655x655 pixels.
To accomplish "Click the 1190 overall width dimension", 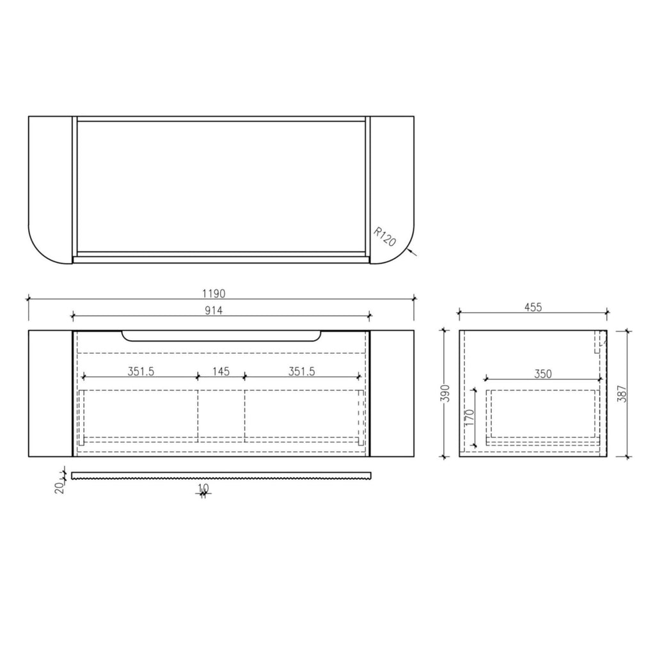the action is pyautogui.click(x=214, y=293).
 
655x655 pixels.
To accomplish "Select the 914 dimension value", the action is pyautogui.click(x=214, y=310).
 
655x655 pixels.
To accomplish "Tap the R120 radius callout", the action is pyautogui.click(x=384, y=237).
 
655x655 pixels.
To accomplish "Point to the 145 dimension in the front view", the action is pyautogui.click(x=221, y=371).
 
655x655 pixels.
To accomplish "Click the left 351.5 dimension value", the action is pyautogui.click(x=141, y=371).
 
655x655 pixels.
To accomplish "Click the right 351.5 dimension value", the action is pyautogui.click(x=302, y=371).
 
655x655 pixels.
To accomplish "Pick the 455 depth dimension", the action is pyautogui.click(x=533, y=307).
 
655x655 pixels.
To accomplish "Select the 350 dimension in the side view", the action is pyautogui.click(x=543, y=374).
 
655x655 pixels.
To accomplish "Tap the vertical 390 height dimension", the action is pyautogui.click(x=446, y=393).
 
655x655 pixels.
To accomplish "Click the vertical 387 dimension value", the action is pyautogui.click(x=622, y=393).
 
